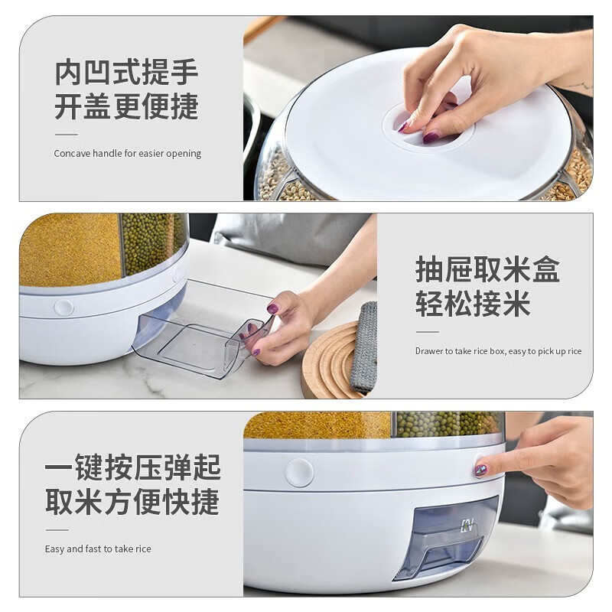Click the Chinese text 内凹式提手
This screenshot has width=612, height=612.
tap(126, 73)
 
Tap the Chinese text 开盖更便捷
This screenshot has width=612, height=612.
tap(126, 107)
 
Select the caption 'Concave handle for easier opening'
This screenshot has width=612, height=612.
tap(127, 153)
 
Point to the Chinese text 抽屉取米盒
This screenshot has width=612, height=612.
tap(487, 270)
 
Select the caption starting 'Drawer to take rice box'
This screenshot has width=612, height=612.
tap(498, 351)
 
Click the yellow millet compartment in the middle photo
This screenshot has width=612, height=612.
tap(69, 249)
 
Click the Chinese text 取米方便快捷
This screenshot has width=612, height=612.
tap(132, 502)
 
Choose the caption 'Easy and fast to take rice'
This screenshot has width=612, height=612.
tap(98, 549)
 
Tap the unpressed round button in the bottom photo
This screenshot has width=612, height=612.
tap(299, 472)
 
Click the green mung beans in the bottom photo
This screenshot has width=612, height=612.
tap(448, 423)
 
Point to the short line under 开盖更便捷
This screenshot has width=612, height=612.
tap(66, 134)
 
